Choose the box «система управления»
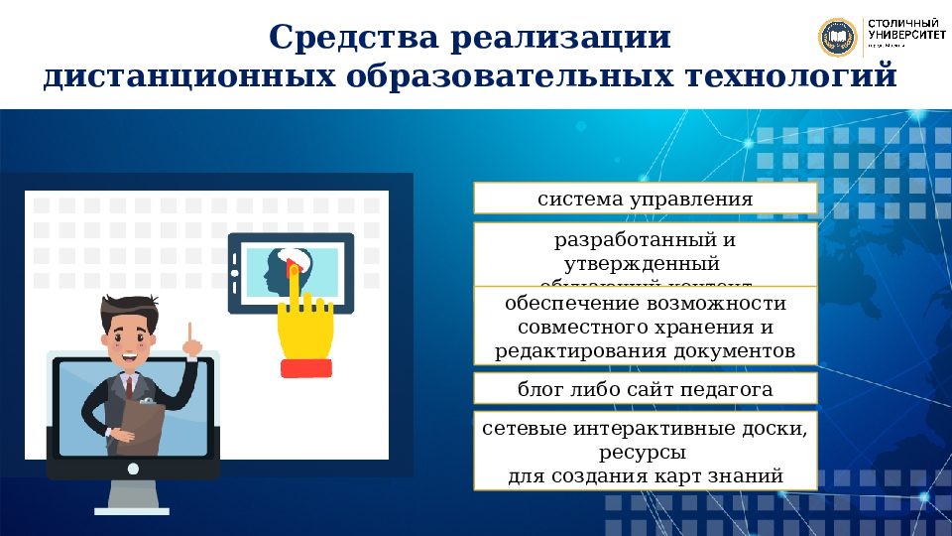[645, 199]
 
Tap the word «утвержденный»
[641, 264]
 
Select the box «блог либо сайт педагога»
[645, 388]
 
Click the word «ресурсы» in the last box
[645, 454]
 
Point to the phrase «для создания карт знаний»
[645, 476]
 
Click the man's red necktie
[128, 386]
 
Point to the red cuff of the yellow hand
[305, 368]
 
